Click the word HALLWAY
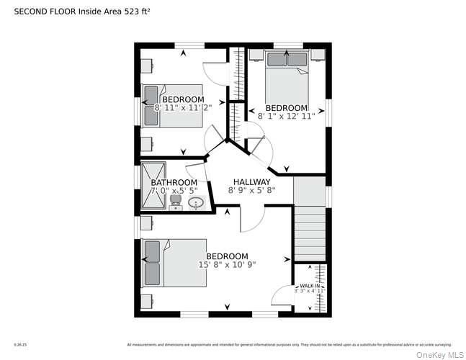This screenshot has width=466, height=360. click(x=251, y=182)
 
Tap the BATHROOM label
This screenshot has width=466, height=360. click(x=169, y=182)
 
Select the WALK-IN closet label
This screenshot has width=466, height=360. click(x=310, y=286)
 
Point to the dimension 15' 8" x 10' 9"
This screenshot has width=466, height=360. click(x=227, y=265)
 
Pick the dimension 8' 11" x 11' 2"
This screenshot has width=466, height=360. click(x=179, y=107)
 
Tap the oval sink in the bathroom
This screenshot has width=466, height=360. click(x=196, y=203)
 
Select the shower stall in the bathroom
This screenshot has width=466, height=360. click(x=153, y=185)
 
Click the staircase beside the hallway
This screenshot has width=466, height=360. click(x=310, y=223)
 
